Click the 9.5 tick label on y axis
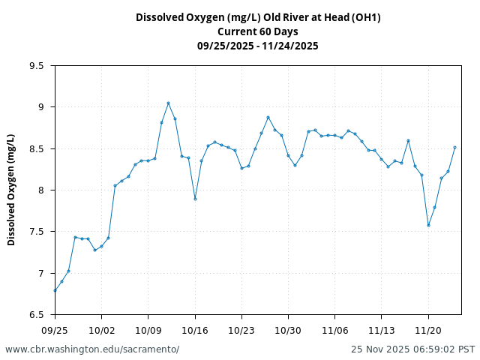[37, 66]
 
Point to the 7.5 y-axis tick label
[37, 232]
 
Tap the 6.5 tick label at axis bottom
[37, 315]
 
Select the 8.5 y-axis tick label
[37, 149]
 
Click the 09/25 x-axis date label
[55, 330]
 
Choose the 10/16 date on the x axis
[195, 330]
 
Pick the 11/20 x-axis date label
[428, 330]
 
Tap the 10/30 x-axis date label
[288, 330]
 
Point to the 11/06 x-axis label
[334, 330]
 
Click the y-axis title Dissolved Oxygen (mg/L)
[11, 190]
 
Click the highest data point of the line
[168, 103]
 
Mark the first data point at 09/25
[55, 290]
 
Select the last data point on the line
[454, 147]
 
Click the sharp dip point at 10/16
[195, 199]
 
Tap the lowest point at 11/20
[428, 225]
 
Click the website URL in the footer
[92, 349]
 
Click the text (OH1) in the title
[366, 17]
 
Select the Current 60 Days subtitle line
[257, 31]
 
